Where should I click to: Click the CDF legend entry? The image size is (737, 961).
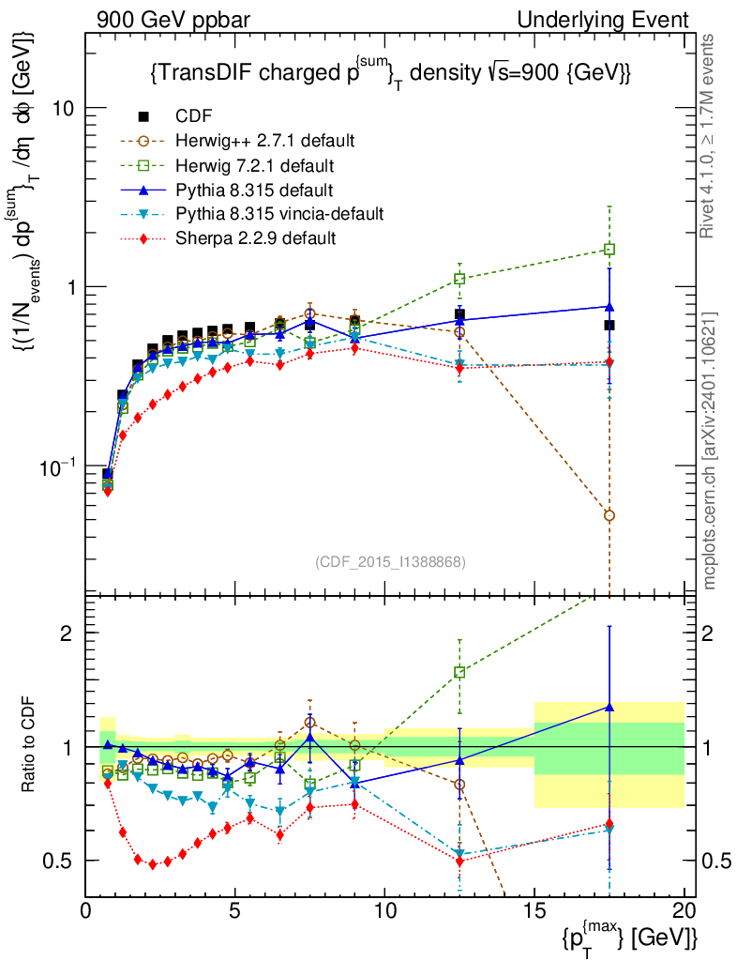[193, 116]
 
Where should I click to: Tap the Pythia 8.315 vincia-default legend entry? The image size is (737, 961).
[279, 214]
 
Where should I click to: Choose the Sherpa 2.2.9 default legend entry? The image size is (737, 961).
[256, 238]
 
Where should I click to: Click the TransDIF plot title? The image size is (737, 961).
[389, 72]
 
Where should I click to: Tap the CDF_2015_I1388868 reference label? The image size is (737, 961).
[389, 561]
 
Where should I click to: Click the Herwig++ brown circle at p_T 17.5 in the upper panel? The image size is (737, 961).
[609, 515]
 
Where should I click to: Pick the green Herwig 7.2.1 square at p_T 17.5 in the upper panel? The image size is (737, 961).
[609, 250]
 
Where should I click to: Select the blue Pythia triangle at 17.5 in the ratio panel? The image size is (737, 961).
[609, 707]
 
